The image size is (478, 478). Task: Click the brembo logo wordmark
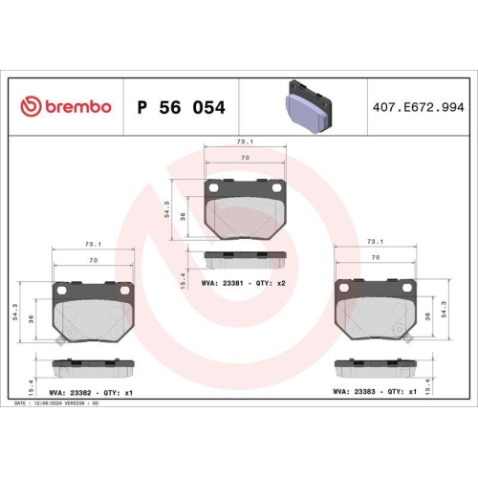point(66,107)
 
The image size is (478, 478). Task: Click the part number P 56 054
point(181,108)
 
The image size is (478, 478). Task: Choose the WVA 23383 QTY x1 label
point(374,390)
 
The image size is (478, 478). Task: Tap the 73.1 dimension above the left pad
point(93,244)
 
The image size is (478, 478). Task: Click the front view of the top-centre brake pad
point(246,207)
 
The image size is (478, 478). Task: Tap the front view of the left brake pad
point(94,311)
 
